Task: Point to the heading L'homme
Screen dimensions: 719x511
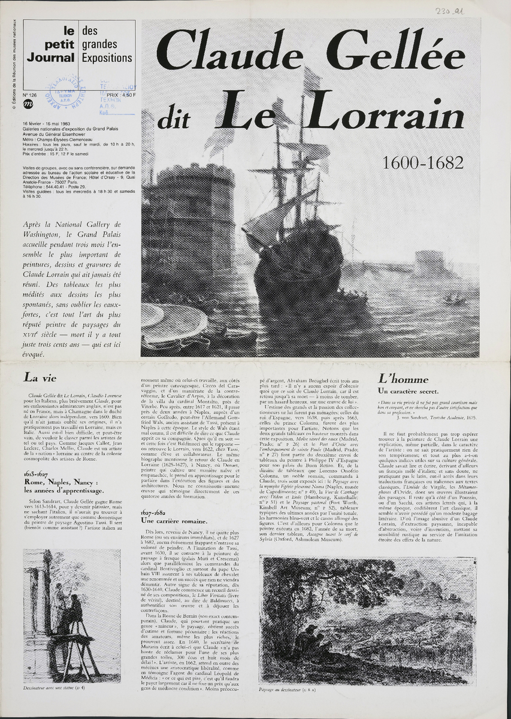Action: [403, 379]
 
